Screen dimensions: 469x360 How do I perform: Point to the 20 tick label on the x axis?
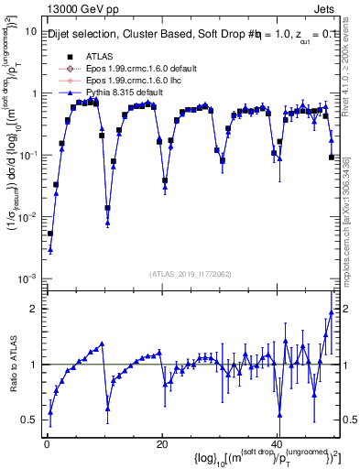pyautogui.click(x=161, y=442)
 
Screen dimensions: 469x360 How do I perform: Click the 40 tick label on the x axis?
pyautogui.click(x=278, y=442)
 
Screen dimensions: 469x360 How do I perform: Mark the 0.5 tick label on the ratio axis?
pyautogui.click(x=29, y=420)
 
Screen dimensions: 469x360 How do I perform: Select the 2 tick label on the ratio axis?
pyautogui.click(x=34, y=309)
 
